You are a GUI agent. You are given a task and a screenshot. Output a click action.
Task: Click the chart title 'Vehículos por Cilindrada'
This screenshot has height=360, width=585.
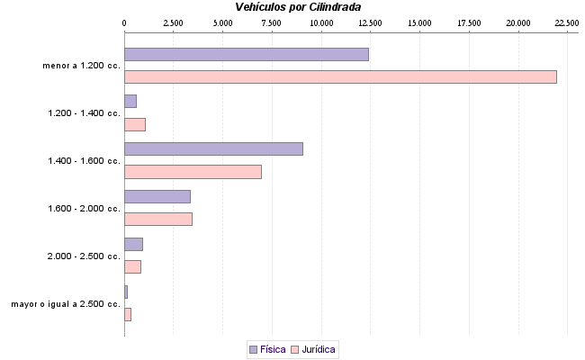[297, 7]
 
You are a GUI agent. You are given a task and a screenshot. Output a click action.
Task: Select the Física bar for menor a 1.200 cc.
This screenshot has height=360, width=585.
[246, 54]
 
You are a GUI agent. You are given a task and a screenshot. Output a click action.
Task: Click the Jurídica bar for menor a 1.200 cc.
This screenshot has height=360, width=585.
[340, 76]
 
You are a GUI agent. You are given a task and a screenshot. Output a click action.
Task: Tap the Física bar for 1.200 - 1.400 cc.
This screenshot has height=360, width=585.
[130, 101]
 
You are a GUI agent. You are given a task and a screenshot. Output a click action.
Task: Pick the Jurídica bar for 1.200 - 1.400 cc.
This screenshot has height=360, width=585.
[135, 124]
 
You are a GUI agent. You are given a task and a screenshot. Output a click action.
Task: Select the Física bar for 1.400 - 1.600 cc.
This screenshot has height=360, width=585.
[213, 148]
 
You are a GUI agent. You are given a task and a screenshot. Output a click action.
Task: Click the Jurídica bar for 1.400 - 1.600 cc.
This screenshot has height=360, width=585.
[193, 172]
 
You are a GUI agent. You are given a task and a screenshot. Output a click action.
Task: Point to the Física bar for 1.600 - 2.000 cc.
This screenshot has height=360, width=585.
[157, 196]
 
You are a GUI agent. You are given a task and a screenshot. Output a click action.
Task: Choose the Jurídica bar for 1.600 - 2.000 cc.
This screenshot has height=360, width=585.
[158, 219]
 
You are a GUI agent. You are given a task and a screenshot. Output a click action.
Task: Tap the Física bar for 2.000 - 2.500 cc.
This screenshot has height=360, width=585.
[133, 244]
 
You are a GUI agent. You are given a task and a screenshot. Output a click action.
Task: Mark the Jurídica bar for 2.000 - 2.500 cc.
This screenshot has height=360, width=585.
[132, 266]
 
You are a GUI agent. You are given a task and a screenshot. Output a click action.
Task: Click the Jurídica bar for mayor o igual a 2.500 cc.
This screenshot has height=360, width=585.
[128, 314]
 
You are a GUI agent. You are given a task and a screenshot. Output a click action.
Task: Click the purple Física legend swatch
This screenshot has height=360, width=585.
[253, 349]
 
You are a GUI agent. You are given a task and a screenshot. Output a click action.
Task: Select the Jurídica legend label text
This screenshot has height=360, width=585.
[319, 349]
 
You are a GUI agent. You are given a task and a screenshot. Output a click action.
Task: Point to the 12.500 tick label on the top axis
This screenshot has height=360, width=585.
[370, 22]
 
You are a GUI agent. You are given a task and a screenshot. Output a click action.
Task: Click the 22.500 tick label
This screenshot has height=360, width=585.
[566, 22]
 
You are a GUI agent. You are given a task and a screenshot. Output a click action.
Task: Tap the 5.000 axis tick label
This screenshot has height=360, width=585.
[222, 22]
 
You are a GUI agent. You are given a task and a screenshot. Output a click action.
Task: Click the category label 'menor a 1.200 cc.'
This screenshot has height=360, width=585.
[81, 66]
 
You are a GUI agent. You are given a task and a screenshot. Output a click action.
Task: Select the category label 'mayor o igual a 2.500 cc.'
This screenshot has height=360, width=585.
[66, 304]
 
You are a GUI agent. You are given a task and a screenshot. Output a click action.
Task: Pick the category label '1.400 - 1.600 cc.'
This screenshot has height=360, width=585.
[84, 161]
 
